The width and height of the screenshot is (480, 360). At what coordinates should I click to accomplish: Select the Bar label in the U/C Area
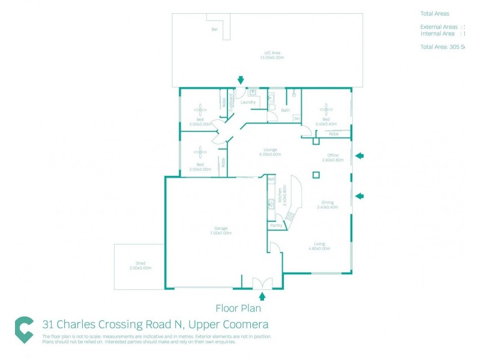pyautogui.click(x=214, y=29)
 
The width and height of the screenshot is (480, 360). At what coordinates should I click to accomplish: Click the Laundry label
pyautogui.click(x=248, y=103)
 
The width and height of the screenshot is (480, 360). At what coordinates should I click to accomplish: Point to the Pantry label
pyautogui.click(x=276, y=225)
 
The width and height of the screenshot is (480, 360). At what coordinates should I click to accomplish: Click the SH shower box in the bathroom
pyautogui.click(x=296, y=119)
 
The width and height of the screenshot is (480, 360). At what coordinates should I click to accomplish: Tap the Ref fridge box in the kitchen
pyautogui.click(x=271, y=179)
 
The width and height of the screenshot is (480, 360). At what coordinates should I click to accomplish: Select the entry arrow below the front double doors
pyautogui.click(x=262, y=295)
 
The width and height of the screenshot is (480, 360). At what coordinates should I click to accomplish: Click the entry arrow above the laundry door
pyautogui.click(x=241, y=80)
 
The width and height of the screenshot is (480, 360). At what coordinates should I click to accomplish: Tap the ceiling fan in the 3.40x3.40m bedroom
pyautogui.click(x=326, y=109)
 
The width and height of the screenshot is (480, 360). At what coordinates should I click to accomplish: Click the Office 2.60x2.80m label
pyautogui.click(x=332, y=158)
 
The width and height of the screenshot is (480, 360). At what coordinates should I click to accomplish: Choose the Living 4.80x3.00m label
pyautogui.click(x=319, y=246)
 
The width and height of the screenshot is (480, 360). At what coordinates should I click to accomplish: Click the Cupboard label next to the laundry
pyautogui.click(x=232, y=100)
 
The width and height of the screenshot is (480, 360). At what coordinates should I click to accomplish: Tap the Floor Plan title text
pyautogui.click(x=238, y=308)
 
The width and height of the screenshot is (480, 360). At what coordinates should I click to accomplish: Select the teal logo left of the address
pyautogui.click(x=24, y=329)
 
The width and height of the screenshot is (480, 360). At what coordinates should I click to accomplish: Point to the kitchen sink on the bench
pyautogui.click(x=271, y=203)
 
